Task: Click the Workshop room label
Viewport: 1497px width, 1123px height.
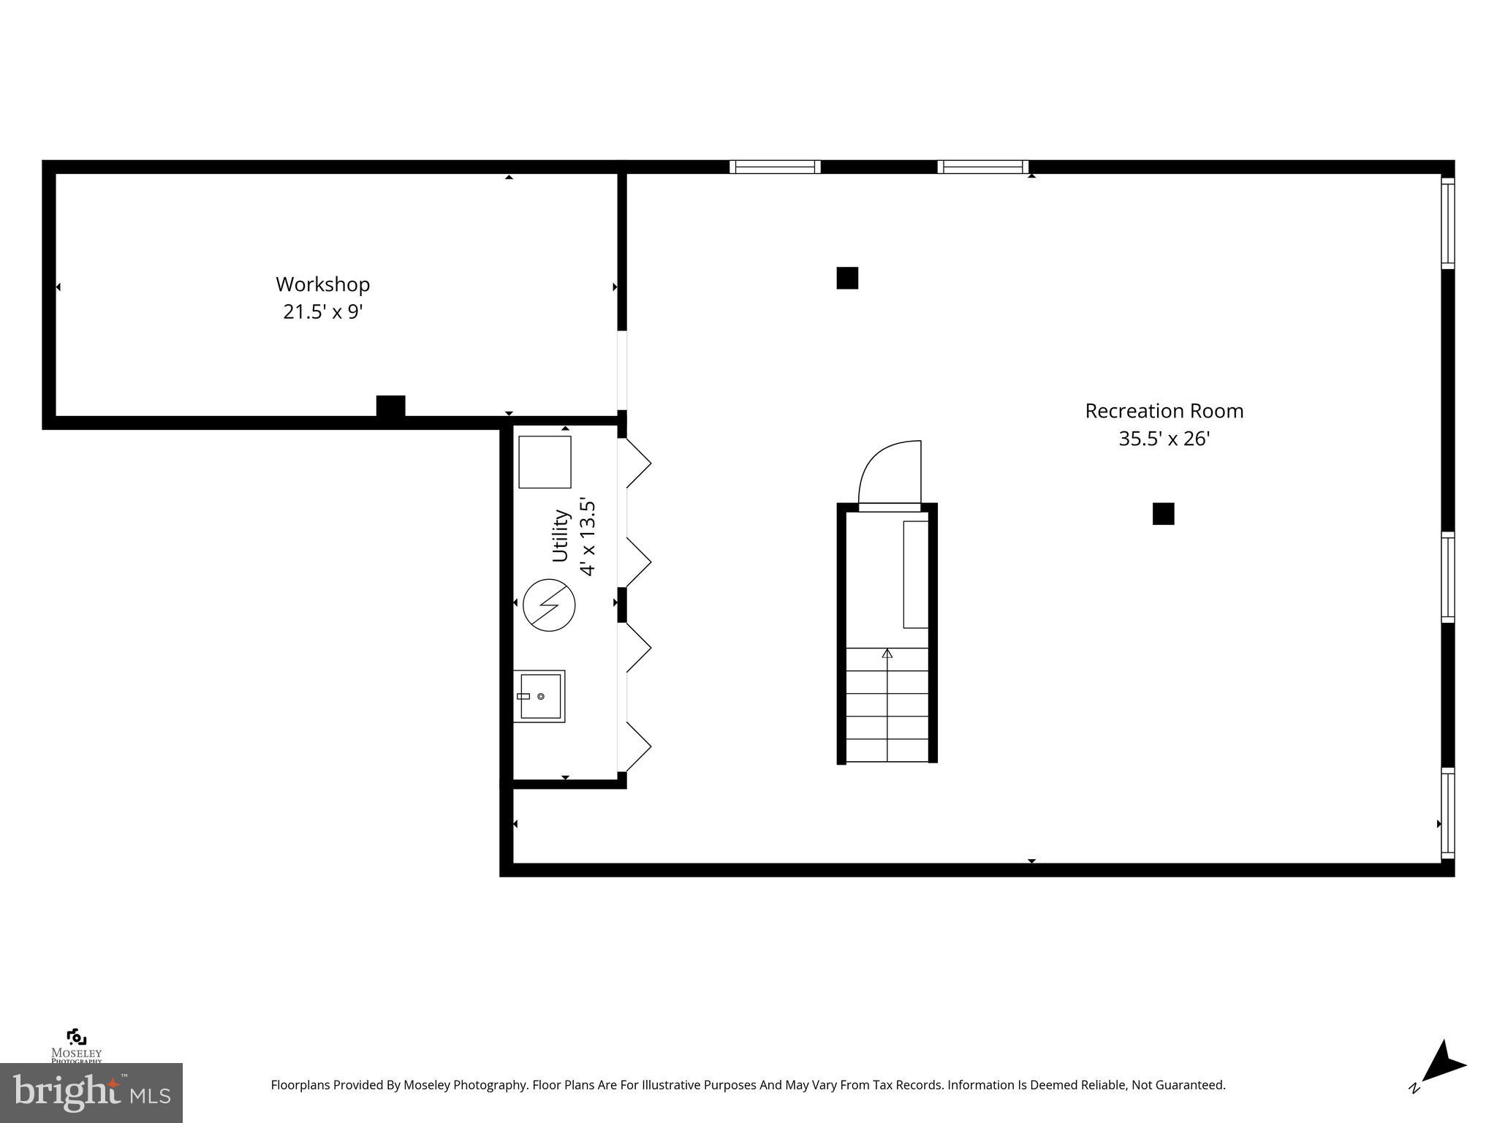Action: [x=322, y=284]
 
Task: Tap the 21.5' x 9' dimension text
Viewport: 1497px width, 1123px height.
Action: [x=323, y=312]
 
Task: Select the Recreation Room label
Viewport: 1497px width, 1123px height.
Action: [x=1164, y=411]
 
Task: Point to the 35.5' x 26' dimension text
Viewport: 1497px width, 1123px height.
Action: [x=1164, y=439]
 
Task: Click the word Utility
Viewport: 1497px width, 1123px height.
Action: [x=561, y=536]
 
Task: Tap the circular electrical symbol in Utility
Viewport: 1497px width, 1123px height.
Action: [x=549, y=605]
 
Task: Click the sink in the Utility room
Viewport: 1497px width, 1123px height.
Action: [x=539, y=696]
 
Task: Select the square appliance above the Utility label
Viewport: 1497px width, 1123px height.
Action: [x=545, y=462]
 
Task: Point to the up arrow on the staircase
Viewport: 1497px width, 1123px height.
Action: [x=887, y=653]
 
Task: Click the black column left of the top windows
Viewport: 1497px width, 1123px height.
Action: [x=847, y=278]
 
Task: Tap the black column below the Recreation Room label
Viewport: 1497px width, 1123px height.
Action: [x=1163, y=514]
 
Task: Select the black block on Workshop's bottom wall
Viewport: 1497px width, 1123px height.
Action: [x=390, y=407]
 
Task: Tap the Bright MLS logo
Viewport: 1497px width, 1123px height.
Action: [x=91, y=1092]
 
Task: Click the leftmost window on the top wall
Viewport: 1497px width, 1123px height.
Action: [x=775, y=167]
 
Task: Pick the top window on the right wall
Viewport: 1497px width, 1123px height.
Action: [x=1447, y=223]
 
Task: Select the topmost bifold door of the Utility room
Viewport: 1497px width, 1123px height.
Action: [x=636, y=463]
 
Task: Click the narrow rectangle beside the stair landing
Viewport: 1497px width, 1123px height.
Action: [x=915, y=574]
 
